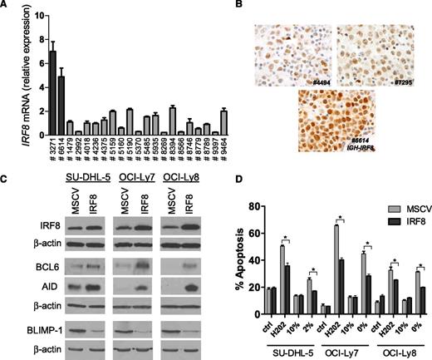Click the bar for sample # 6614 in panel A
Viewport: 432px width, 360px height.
[x=38, y=105]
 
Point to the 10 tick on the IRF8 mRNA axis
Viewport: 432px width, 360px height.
[x=17, y=15]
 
